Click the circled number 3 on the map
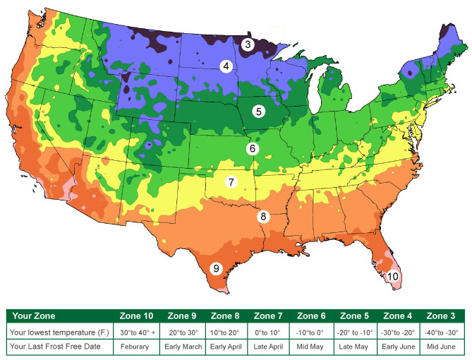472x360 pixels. point(248,44)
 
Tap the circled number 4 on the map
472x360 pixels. point(226,66)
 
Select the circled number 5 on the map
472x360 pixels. point(259,111)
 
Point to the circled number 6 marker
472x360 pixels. point(252,149)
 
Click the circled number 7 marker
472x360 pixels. point(231,182)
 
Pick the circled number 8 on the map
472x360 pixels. point(262,217)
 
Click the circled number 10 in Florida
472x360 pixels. point(393,276)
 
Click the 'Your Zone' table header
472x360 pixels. point(34,316)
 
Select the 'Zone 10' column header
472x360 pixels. point(138,316)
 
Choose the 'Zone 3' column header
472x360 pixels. point(442,316)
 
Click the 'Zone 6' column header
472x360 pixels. point(312,316)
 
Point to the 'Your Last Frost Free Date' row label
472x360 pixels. point(59,346)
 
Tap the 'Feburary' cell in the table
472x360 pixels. point(138,346)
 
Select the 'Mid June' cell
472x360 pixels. point(442,346)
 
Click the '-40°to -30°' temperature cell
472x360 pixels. point(442,331)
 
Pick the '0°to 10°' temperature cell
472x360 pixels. point(268,331)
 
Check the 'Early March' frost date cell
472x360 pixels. point(181,346)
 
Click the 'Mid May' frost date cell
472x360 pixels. point(312,346)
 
